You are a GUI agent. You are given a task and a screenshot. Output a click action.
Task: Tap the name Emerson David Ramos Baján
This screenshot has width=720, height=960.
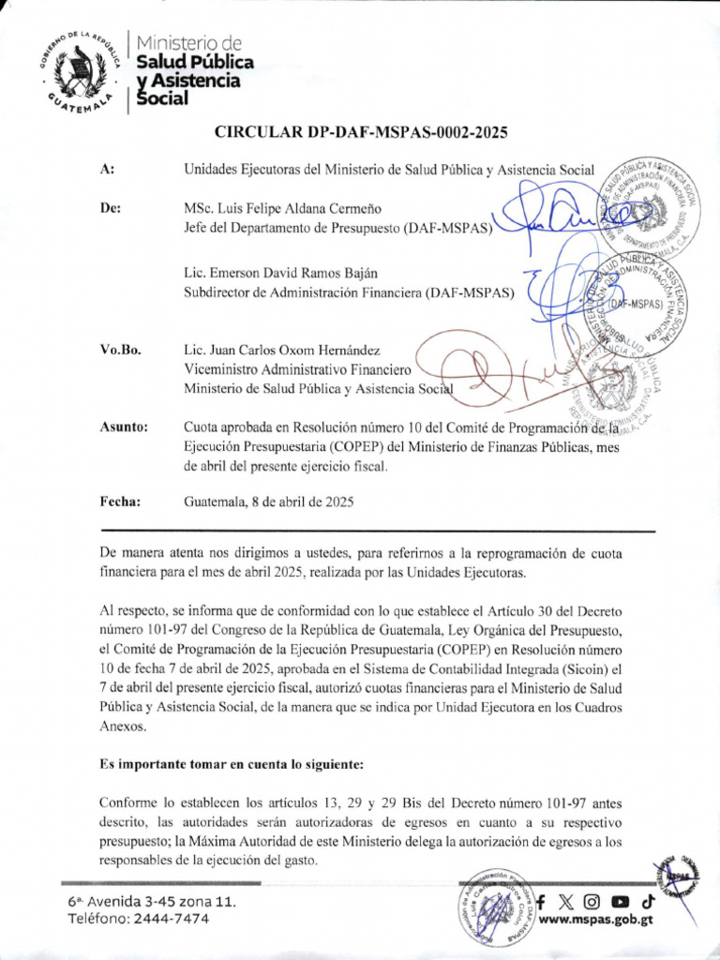click(280, 274)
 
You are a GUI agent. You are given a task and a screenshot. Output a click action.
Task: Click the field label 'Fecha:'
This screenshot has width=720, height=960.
click(119, 502)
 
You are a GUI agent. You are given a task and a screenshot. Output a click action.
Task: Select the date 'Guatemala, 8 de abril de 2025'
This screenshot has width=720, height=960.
click(267, 502)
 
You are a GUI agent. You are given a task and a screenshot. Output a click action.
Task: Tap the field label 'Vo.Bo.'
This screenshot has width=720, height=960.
click(120, 350)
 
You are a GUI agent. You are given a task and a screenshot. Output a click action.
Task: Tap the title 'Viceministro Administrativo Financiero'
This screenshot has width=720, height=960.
click(297, 368)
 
